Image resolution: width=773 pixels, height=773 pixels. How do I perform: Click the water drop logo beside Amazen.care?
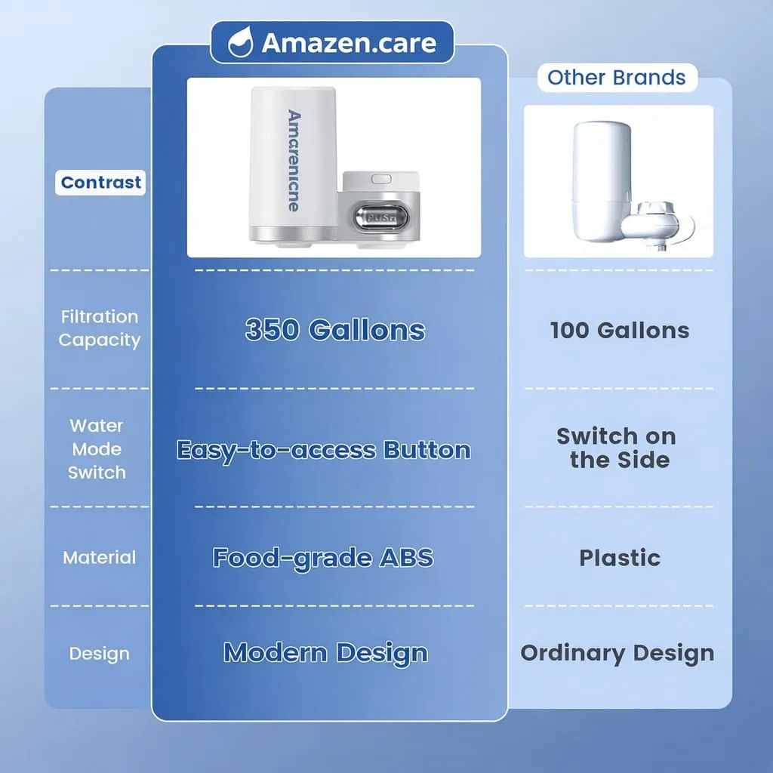point(240,43)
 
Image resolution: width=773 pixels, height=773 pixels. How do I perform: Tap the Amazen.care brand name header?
point(349,43)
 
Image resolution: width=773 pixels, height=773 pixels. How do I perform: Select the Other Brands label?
point(617,77)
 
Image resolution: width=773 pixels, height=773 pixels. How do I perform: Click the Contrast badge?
point(100,182)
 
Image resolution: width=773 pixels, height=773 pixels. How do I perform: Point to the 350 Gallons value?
point(335,330)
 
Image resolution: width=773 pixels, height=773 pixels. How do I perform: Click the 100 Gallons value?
point(619,330)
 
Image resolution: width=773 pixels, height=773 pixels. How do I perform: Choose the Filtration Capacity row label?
point(100,328)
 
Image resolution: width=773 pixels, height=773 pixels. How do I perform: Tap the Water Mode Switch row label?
point(97,449)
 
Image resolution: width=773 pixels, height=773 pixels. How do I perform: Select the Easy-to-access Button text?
point(324,450)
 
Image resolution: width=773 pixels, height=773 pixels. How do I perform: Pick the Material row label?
point(100,558)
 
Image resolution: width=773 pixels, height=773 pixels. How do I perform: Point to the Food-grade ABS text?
point(323,558)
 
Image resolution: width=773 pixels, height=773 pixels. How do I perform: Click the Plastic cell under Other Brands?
point(619,558)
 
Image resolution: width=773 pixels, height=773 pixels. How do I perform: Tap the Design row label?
point(100,654)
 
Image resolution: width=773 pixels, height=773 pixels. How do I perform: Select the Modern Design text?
point(326,653)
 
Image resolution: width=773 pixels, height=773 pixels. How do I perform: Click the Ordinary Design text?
point(617,653)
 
